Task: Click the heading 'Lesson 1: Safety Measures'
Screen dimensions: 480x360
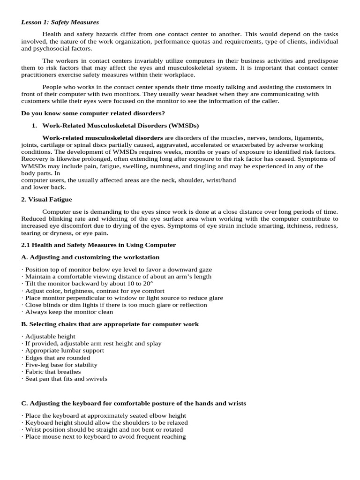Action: coord(60,22)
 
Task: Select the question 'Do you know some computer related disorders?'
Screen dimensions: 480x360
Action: coord(93,113)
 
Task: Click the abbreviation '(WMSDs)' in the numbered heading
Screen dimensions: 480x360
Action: coord(183,126)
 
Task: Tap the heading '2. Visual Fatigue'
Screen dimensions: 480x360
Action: coord(46,200)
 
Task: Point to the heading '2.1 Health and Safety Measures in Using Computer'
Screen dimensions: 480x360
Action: coord(98,245)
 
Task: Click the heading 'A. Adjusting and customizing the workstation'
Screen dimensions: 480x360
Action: coord(90,257)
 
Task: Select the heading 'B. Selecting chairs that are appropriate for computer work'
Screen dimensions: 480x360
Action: coord(110,324)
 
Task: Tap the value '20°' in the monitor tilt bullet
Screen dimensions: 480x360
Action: coord(147,284)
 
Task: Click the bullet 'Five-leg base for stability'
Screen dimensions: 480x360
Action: coord(61,365)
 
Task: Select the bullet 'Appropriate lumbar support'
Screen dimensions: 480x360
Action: coord(65,351)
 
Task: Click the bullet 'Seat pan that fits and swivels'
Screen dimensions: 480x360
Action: coord(66,379)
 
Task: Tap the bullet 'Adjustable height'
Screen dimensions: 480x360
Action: coord(50,337)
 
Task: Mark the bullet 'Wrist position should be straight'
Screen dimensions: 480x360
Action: coord(104,430)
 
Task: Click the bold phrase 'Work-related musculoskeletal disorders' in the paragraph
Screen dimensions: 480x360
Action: coord(103,138)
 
